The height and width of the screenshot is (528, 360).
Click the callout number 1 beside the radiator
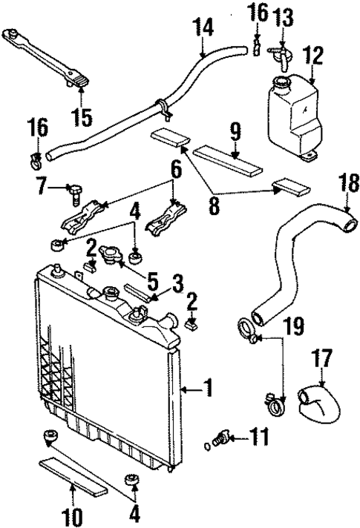209,386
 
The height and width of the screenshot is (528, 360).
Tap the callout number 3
177,284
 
